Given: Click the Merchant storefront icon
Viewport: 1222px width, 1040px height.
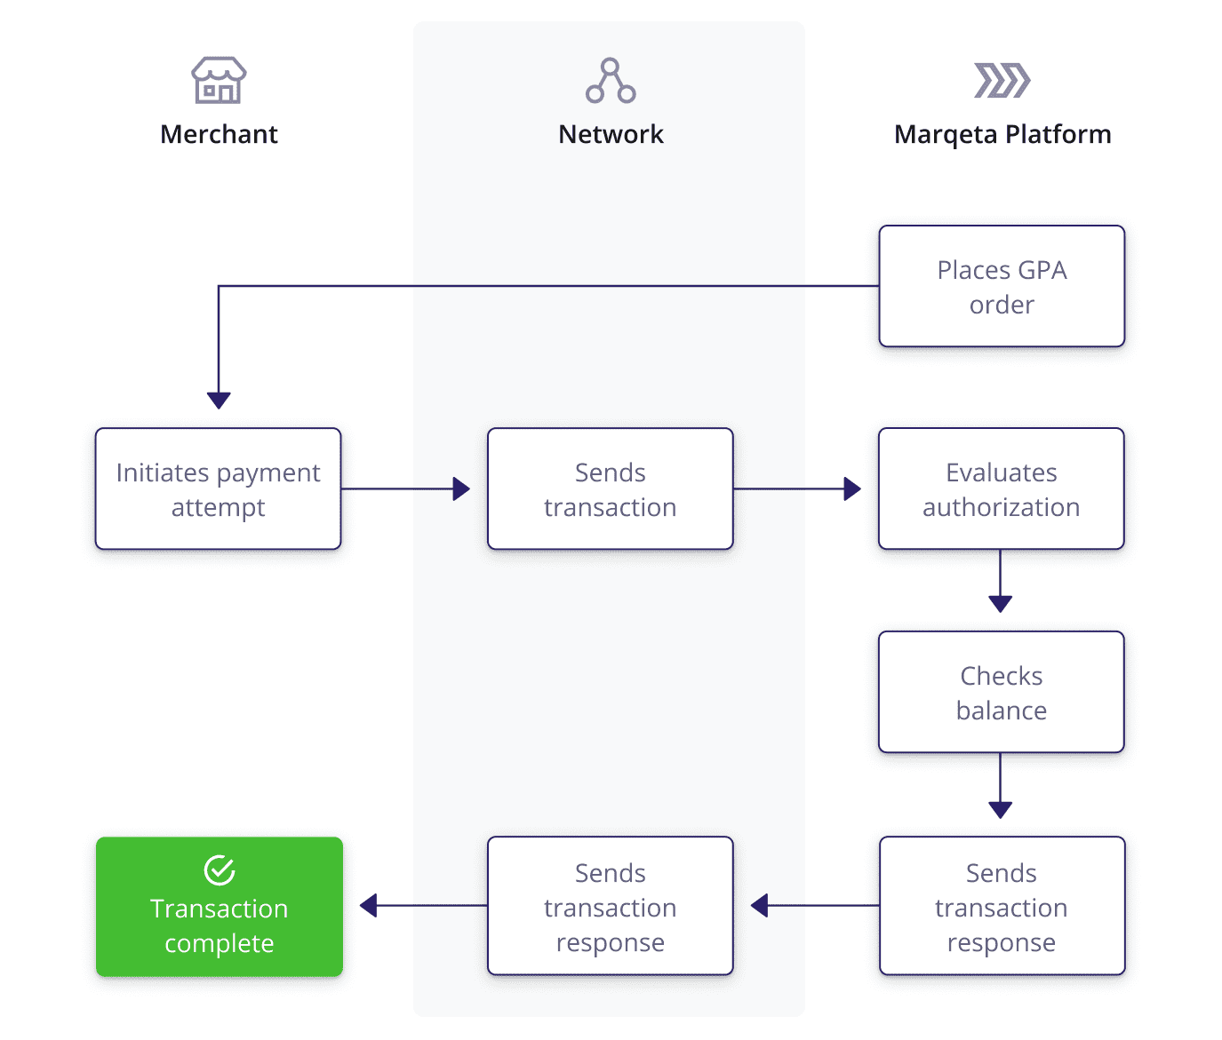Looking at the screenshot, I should (x=219, y=80).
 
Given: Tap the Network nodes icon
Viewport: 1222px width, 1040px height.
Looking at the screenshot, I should (x=611, y=81).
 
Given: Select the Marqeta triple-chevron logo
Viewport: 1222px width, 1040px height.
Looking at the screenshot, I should (x=1002, y=80).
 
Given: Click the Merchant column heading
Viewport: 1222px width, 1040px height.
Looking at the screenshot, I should (x=219, y=134).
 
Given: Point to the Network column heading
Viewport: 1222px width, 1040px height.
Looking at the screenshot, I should (x=611, y=134).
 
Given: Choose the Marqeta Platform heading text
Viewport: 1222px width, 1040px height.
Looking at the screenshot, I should (x=1002, y=134).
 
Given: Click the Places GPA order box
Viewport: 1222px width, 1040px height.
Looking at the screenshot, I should (x=1002, y=286).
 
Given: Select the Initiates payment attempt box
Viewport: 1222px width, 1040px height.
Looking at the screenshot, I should (x=218, y=488).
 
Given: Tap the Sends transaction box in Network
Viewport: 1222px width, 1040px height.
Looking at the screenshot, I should (x=610, y=488).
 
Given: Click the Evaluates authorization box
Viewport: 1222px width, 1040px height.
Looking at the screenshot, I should (x=1001, y=488).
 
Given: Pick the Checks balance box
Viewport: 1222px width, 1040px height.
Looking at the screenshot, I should (x=1001, y=692).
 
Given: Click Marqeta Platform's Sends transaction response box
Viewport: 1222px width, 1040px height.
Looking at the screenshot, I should (x=1002, y=906).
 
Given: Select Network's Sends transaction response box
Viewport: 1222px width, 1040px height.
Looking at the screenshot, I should (x=610, y=906).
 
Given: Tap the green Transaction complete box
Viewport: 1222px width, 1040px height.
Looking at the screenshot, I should (x=219, y=907).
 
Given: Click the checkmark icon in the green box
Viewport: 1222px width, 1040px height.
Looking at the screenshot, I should (x=219, y=870).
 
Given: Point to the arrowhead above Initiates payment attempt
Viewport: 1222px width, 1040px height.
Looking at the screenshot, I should (x=219, y=400).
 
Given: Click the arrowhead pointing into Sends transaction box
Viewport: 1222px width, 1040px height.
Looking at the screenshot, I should (x=461, y=488).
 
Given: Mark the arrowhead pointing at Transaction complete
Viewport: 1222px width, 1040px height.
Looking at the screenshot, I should (x=369, y=906).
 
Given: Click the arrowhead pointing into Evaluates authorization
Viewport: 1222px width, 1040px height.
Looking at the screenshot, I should (x=852, y=488).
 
